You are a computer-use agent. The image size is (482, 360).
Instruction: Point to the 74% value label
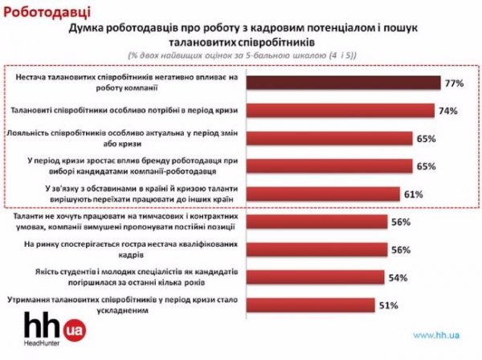click(447, 110)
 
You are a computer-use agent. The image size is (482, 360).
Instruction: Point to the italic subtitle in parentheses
click(241, 53)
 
